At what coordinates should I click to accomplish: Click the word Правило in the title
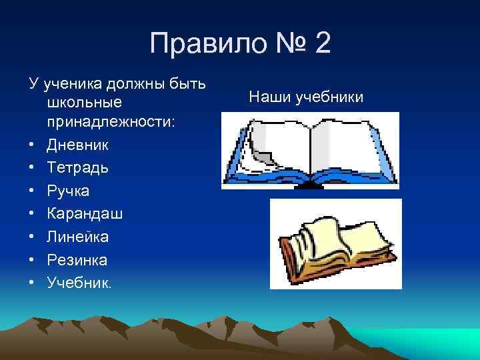click(x=197, y=45)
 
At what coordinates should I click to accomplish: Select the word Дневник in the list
click(x=78, y=145)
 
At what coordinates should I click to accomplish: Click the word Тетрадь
click(x=78, y=167)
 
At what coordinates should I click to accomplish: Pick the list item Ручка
click(x=68, y=191)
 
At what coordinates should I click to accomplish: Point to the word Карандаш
click(x=85, y=213)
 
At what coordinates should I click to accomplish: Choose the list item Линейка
click(x=78, y=237)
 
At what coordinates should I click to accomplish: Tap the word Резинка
click(x=77, y=259)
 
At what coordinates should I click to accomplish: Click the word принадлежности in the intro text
click(x=111, y=122)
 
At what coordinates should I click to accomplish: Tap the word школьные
click(x=85, y=103)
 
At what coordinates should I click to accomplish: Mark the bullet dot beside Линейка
click(x=32, y=237)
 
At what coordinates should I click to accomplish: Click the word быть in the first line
click(x=189, y=85)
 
